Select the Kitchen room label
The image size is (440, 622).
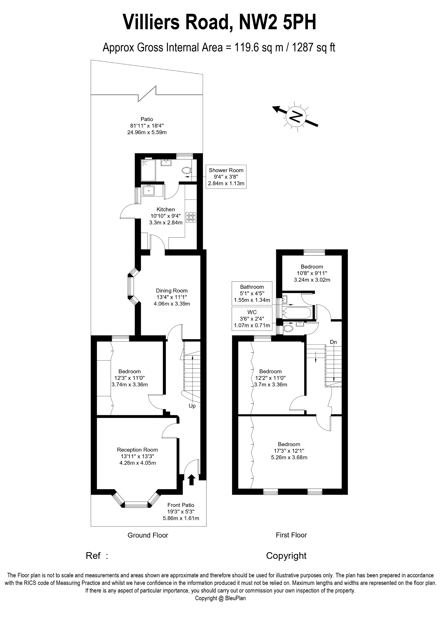tap(166, 209)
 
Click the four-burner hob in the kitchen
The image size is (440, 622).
tap(191, 218)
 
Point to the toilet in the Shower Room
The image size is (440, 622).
tap(187, 170)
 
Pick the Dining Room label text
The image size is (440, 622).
tap(172, 290)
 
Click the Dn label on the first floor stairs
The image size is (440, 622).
tap(333, 342)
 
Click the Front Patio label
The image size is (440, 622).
tap(181, 505)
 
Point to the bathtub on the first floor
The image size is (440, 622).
tap(297, 313)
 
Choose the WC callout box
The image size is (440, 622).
tap(252, 319)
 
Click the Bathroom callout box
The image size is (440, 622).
tap(252, 293)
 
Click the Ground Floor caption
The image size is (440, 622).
tap(148, 535)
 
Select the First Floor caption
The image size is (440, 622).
tap(291, 535)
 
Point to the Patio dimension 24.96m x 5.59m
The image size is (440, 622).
tap(147, 132)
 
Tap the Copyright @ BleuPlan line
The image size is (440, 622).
tap(220, 598)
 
